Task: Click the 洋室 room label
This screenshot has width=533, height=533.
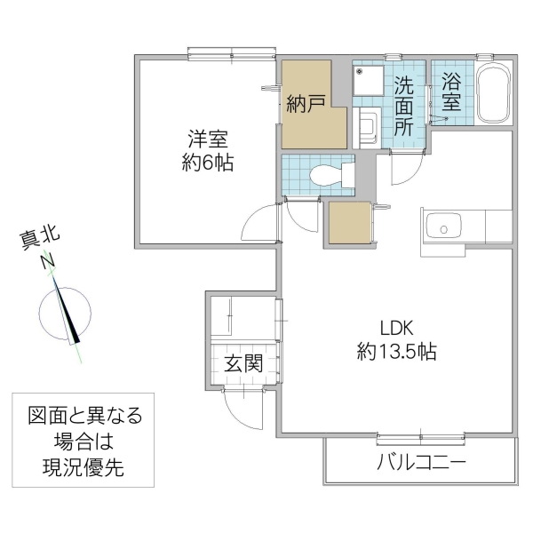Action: (209, 139)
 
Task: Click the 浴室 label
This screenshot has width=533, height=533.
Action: (452, 91)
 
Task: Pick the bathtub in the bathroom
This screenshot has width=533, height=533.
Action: (494, 95)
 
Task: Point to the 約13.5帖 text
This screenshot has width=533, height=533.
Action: (396, 352)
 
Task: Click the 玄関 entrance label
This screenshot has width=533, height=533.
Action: (243, 363)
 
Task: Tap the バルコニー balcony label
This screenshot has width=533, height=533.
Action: (421, 463)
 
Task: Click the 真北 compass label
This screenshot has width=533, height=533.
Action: (39, 237)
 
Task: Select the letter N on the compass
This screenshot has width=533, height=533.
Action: (46, 261)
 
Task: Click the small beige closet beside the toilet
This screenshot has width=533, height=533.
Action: (349, 223)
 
